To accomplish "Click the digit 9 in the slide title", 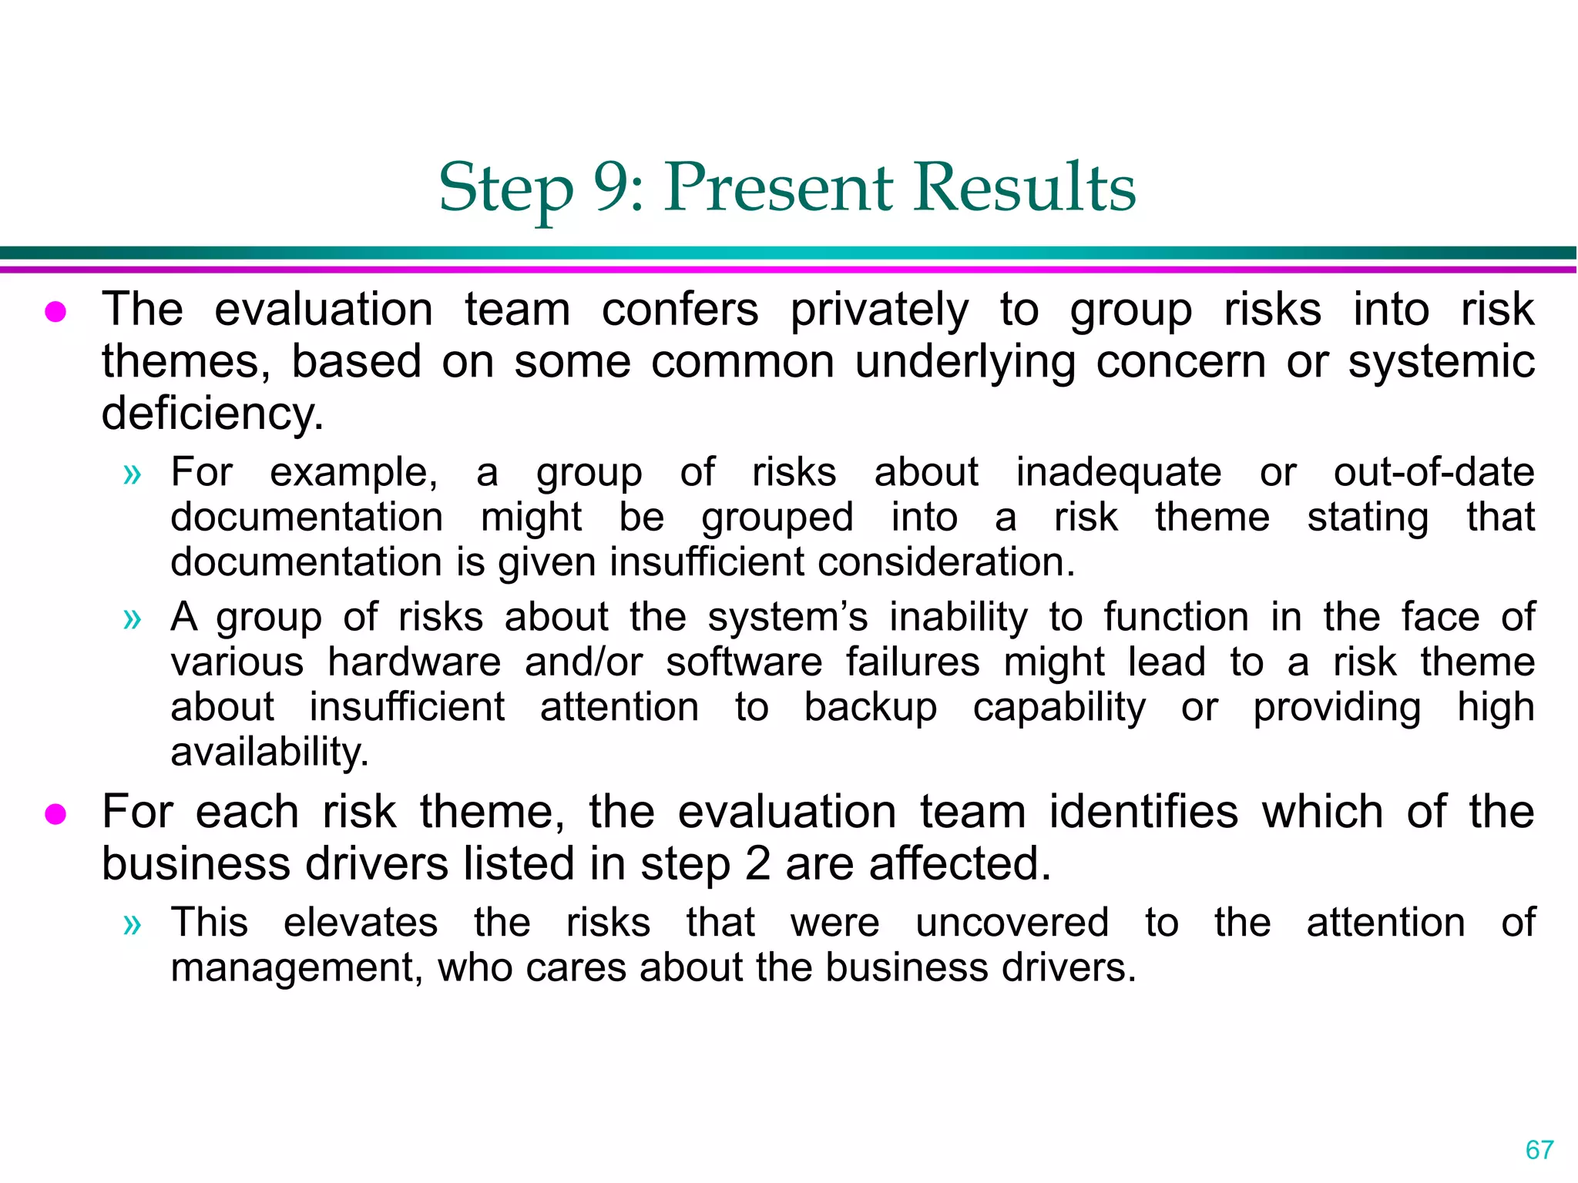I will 613,187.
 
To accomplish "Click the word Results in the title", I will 1024,187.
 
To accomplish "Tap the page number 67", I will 1539,1150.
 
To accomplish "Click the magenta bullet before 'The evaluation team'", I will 55,312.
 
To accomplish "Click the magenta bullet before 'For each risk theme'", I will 55,814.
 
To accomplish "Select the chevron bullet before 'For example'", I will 133,474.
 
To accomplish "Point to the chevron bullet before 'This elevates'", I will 133,924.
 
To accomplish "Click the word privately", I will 879,310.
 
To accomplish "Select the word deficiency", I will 212,414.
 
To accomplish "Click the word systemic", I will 1441,362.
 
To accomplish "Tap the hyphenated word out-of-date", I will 1433,472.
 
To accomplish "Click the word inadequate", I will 1118,473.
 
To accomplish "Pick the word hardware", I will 414,662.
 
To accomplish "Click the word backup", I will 870,708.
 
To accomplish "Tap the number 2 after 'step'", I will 758,864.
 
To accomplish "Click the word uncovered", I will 1012,923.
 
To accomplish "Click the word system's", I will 787,618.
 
